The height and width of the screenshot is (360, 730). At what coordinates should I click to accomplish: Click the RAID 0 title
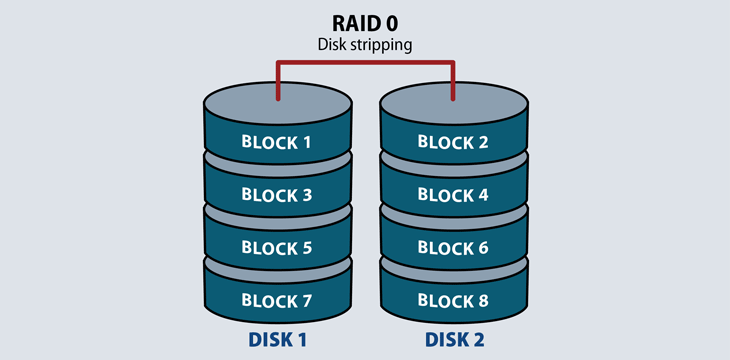point(365,22)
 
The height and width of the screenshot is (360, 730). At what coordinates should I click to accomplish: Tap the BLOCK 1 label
point(277,142)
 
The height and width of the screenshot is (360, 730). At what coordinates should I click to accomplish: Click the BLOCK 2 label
point(454,142)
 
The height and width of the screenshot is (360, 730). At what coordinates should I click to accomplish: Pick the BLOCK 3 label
point(277,195)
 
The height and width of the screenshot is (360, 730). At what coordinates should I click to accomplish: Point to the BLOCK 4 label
point(454,195)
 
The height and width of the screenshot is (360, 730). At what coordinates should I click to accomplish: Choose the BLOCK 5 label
point(277,247)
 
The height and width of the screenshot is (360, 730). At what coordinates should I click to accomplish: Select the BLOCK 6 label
point(454,247)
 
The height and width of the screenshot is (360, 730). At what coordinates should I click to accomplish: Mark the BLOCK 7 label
point(277,300)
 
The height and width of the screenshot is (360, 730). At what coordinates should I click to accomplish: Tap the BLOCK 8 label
point(454,300)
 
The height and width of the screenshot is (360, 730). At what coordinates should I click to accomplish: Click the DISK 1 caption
point(277,340)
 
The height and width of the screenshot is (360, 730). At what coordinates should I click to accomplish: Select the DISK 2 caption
point(454,340)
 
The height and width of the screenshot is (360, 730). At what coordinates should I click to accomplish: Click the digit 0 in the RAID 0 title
point(401,22)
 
